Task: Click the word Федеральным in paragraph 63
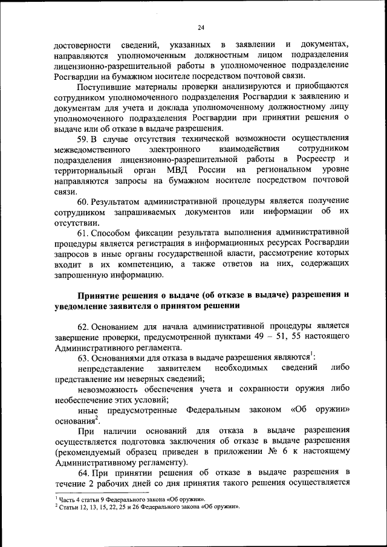pyautogui.click(x=213, y=410)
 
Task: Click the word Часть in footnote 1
pyautogui.click(x=66, y=499)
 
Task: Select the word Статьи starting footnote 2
pyautogui.click(x=67, y=507)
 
